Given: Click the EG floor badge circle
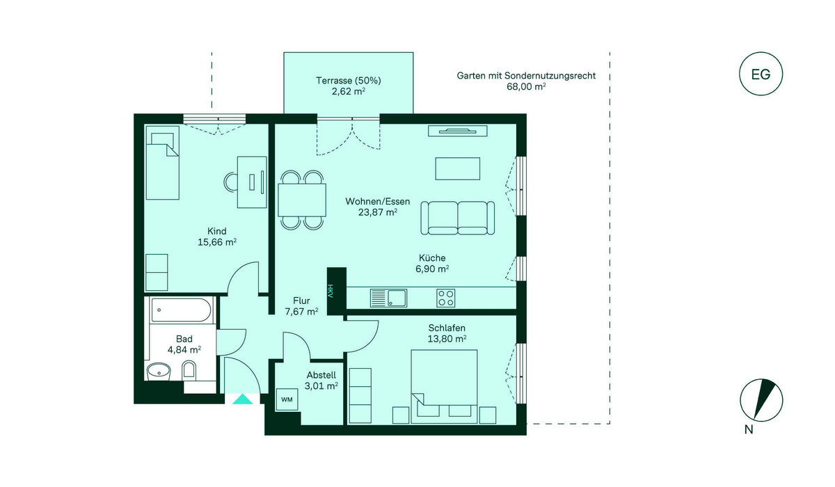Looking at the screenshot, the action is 761,53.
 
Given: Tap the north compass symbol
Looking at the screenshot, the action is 761,401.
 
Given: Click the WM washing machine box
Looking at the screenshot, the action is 287,399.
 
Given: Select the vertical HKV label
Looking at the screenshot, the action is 330,291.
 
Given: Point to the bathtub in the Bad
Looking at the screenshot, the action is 181,310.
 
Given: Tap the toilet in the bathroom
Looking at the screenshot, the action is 189,371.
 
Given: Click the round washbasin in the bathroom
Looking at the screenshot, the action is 159,372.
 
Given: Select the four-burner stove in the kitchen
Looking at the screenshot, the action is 445,298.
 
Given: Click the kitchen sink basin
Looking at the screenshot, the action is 397,298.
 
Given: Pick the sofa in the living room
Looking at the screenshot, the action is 458,218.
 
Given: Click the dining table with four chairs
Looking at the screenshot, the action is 302,200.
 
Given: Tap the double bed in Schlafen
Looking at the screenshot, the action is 444,386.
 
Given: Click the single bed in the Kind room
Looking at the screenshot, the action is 163,163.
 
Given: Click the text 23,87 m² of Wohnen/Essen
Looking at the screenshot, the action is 378,212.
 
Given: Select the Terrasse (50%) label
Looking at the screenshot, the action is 349,81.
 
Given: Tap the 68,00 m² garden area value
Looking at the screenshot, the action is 526,86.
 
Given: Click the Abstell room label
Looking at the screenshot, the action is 321,375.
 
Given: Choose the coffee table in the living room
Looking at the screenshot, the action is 458,168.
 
